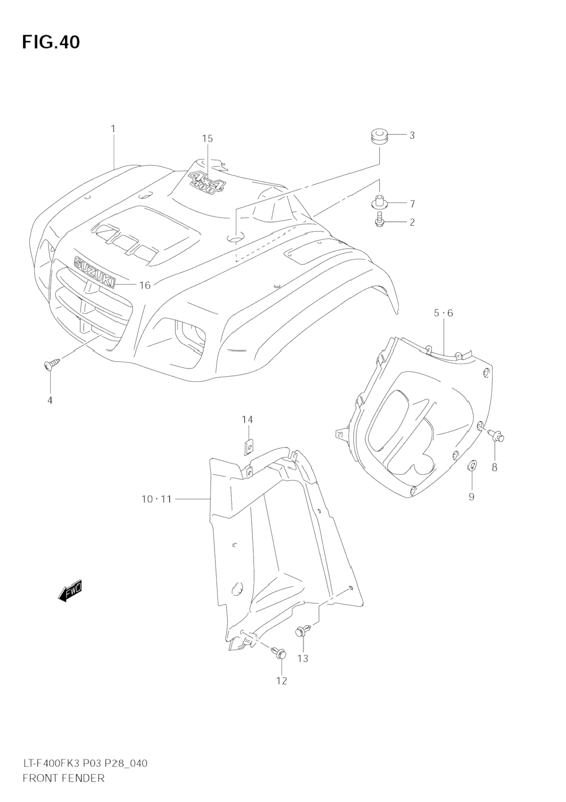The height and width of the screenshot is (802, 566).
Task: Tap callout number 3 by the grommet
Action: tap(412, 135)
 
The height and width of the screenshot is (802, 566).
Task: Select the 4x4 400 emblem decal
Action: tap(207, 182)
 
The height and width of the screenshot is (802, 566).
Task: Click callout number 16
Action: tap(145, 285)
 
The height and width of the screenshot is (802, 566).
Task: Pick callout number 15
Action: tap(207, 139)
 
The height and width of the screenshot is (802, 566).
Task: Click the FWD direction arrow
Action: tap(70, 591)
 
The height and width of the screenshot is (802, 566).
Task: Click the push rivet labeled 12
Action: tap(280, 653)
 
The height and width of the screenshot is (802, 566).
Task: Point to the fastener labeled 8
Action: tap(497, 436)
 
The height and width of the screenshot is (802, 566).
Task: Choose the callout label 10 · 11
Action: tap(156, 499)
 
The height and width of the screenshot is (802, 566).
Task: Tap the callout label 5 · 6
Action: tap(443, 313)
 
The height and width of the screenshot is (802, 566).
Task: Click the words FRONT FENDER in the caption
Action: tap(63, 778)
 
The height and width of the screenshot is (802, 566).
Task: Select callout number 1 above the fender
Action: tap(113, 129)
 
